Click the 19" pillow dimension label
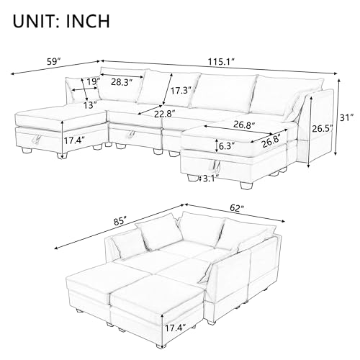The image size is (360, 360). [x=91, y=81]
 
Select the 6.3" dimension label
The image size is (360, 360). [x=225, y=145]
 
